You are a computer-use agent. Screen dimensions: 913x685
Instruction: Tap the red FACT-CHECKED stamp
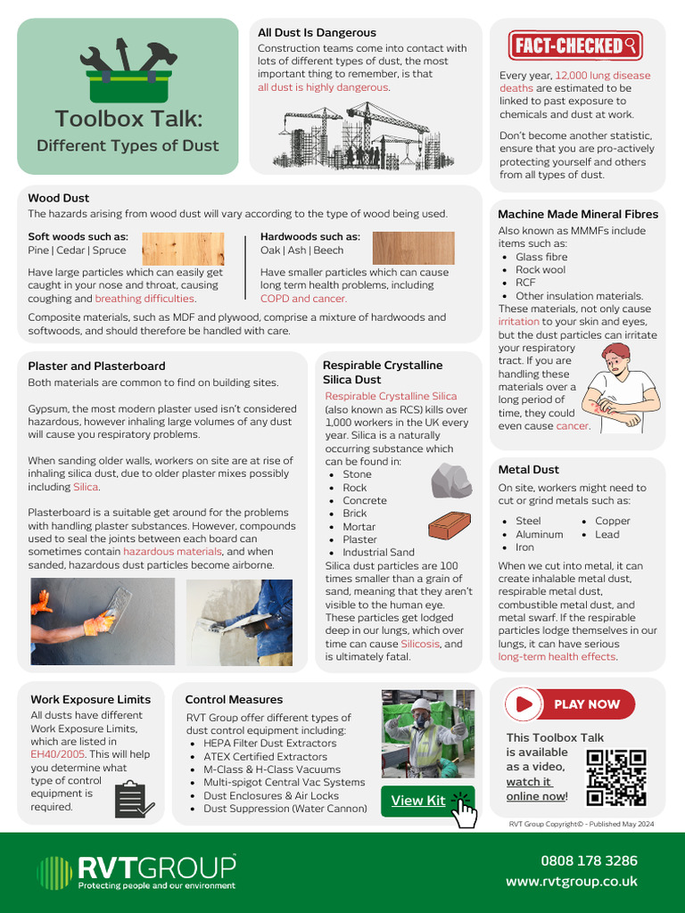pos(575,45)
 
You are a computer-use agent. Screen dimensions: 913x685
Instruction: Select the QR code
pos(616,777)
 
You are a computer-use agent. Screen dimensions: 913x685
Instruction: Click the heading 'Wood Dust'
pos(58,198)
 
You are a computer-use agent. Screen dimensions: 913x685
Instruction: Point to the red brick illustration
pos(450,526)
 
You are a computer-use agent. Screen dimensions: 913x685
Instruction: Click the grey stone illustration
pos(451,481)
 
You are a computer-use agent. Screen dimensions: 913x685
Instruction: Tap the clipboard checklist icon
pos(130,799)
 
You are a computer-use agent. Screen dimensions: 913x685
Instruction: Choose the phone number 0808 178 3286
pos(589,860)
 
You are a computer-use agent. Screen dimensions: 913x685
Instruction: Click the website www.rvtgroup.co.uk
pos(572,881)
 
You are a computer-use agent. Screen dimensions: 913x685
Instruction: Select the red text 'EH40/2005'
pos(57,753)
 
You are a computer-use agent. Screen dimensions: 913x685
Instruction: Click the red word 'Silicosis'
pos(419,644)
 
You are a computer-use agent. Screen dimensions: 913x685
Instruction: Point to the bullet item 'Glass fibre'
pos(541,257)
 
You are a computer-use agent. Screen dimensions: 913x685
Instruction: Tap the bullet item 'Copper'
pos(612,521)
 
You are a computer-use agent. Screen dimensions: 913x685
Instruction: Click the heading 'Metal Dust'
pos(528,469)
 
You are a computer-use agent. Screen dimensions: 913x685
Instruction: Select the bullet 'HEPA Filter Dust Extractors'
pos(269,743)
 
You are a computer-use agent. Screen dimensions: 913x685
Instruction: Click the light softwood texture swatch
pos(183,249)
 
